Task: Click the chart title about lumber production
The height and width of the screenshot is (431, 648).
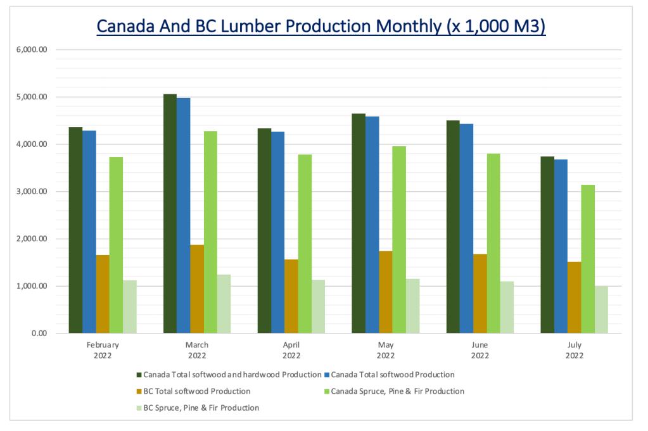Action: [x=321, y=27]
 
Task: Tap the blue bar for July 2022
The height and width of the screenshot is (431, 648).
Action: [x=561, y=246]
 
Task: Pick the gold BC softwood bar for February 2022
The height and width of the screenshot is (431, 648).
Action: [x=103, y=294]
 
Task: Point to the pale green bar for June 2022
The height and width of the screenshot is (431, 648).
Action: [x=507, y=307]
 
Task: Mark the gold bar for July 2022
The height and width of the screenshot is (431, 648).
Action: [x=575, y=297]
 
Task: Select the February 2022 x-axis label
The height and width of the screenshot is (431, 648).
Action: [x=103, y=350]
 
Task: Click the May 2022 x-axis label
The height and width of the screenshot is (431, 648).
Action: [x=386, y=350]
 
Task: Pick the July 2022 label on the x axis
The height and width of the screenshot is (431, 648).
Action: [x=574, y=350]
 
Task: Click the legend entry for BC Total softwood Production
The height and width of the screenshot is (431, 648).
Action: [x=197, y=392]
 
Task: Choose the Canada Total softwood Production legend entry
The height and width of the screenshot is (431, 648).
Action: [x=393, y=375]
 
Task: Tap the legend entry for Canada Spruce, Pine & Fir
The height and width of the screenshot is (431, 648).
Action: [x=397, y=392]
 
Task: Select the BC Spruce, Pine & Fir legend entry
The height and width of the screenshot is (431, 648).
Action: [x=201, y=408]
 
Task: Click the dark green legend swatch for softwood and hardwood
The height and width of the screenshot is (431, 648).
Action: [x=139, y=375]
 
